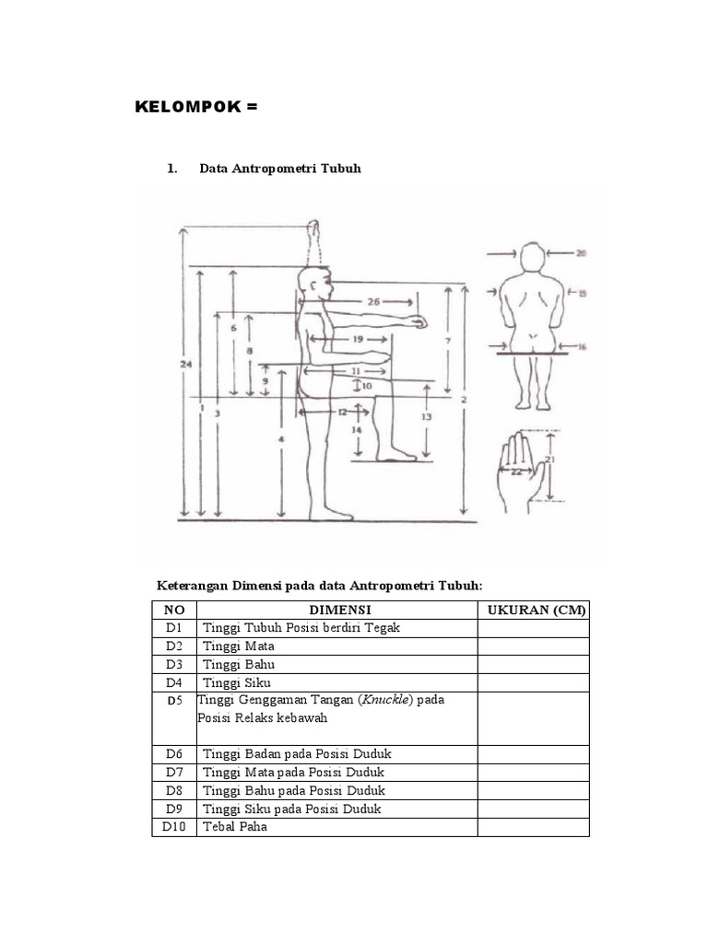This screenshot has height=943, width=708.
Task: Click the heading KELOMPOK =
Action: pyautogui.click(x=195, y=108)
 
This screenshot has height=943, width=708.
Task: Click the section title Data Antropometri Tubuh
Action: pyautogui.click(x=280, y=169)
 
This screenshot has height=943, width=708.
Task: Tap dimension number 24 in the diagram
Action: pyautogui.click(x=186, y=365)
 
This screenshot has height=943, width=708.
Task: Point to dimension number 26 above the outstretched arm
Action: pyautogui.click(x=372, y=301)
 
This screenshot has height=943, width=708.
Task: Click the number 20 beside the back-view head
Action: pyautogui.click(x=581, y=251)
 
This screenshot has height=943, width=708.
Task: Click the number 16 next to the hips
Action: pyautogui.click(x=583, y=347)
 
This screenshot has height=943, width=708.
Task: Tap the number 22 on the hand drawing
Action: pyautogui.click(x=515, y=471)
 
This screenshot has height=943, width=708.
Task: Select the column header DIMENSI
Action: pyautogui.click(x=339, y=610)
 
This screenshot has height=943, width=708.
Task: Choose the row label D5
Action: pyautogui.click(x=175, y=701)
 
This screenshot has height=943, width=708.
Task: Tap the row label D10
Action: pyautogui.click(x=175, y=827)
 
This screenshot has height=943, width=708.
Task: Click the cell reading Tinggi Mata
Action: pyautogui.click(x=238, y=646)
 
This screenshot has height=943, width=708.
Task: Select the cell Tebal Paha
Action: pyautogui.click(x=235, y=827)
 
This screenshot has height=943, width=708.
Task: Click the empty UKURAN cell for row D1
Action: pyautogui.click(x=533, y=628)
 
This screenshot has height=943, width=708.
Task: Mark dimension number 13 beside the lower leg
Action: pyautogui.click(x=426, y=416)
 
